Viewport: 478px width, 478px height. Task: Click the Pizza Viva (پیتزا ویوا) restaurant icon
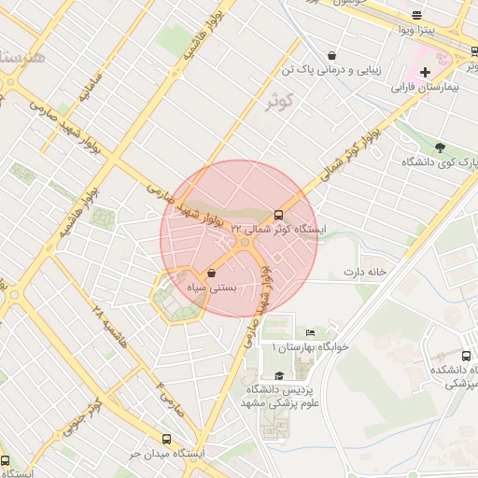tap(416, 15)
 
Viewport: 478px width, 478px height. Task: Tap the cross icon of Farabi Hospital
tap(425, 72)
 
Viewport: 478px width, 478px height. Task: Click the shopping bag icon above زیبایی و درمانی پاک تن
tap(332, 55)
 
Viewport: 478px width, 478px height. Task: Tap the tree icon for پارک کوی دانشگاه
tap(440, 147)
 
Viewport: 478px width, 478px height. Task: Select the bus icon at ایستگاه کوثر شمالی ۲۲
tap(278, 214)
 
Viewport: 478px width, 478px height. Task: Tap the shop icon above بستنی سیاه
tap(213, 273)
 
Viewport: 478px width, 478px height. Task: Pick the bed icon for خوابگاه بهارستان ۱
tap(311, 332)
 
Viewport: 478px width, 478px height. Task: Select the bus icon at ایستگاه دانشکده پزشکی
tap(466, 356)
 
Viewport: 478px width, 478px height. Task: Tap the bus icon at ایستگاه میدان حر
tap(167, 439)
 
